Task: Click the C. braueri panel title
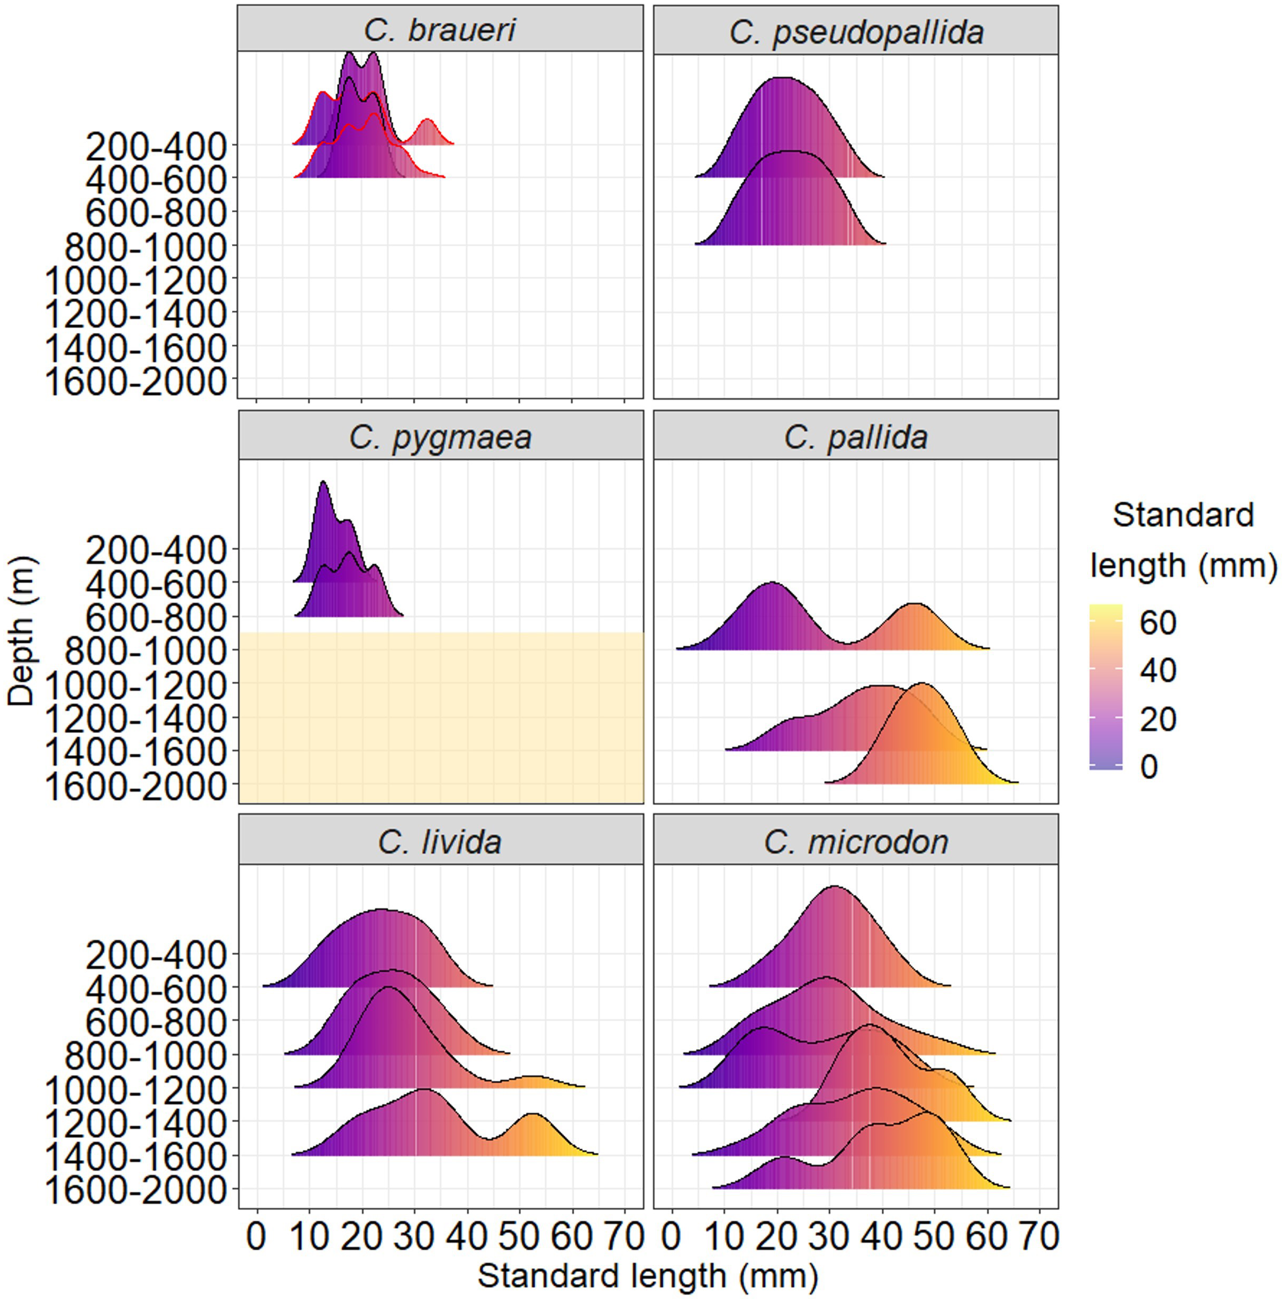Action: [440, 30]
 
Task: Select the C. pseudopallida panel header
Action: [856, 32]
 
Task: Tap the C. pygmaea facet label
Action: [440, 437]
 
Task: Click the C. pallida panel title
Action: [856, 437]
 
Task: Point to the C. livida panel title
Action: [440, 841]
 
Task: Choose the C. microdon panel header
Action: [856, 841]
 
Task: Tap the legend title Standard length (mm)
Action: [1182, 540]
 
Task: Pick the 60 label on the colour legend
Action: [1157, 622]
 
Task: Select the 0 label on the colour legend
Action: [1149, 767]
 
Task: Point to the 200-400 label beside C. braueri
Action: [156, 146]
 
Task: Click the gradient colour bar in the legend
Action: [1106, 686]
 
